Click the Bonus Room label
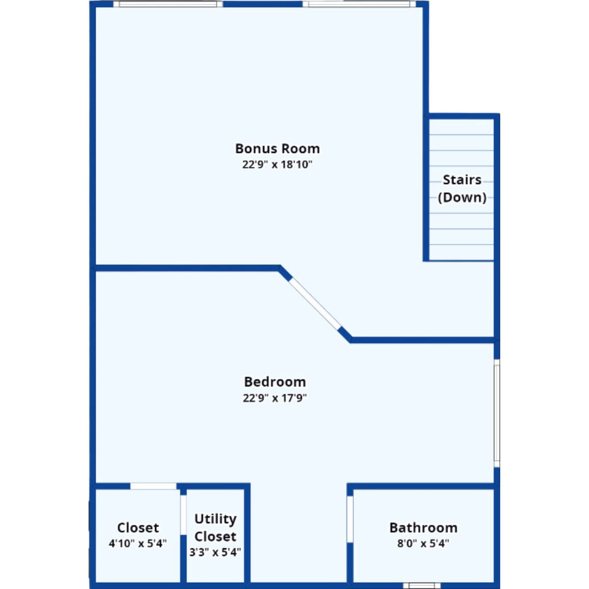[x=277, y=149]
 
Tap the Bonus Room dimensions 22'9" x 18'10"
[x=277, y=165]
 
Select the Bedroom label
[x=275, y=382]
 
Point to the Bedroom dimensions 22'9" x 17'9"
[x=275, y=398]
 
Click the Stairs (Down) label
[x=462, y=188]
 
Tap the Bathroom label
[x=423, y=528]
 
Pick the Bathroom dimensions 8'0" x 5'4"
[x=423, y=543]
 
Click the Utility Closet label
[x=215, y=528]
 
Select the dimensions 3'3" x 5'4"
[x=215, y=552]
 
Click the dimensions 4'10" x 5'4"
[x=138, y=543]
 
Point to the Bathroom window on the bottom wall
[x=423, y=586]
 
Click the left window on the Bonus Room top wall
[x=168, y=3]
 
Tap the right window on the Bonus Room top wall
[x=359, y=3]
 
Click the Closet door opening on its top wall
[x=154, y=486]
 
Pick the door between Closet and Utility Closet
[x=184, y=515]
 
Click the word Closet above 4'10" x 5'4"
[x=138, y=528]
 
